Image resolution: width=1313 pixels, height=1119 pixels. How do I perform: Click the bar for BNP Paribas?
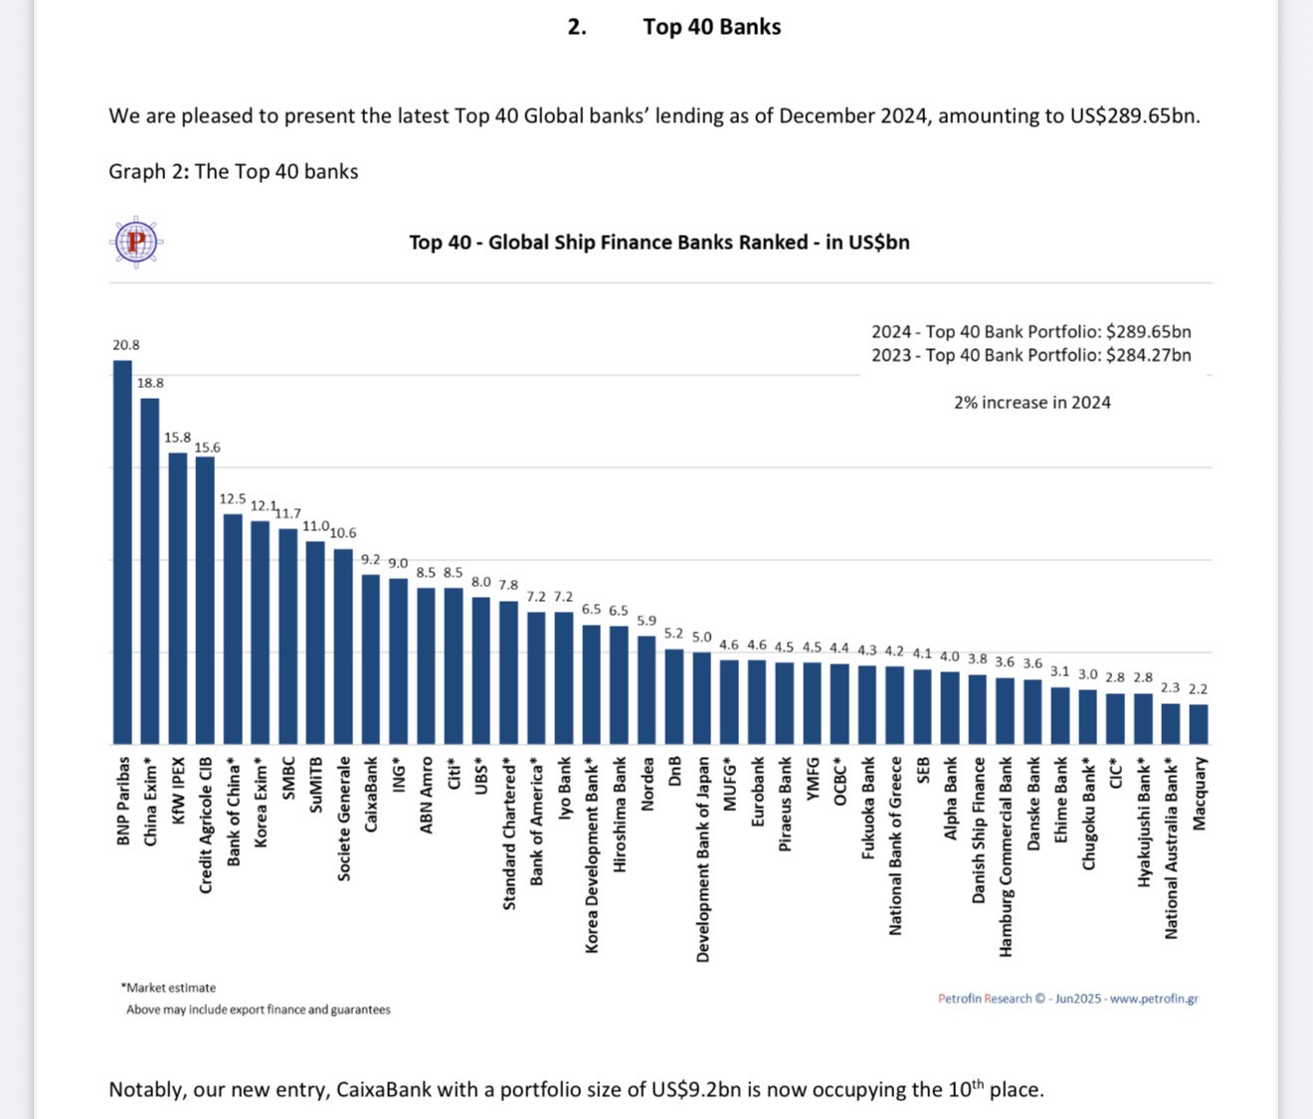[x=122, y=552]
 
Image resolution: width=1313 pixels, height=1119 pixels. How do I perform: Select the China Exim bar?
[x=150, y=571]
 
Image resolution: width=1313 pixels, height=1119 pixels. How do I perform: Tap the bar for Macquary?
[x=1199, y=724]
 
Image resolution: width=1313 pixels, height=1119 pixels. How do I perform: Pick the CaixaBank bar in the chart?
[x=370, y=659]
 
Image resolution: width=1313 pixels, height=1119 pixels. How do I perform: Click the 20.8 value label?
[x=126, y=345]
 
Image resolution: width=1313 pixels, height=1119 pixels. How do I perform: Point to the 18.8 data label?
[x=151, y=383]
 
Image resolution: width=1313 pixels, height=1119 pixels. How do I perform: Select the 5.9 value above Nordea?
[x=647, y=621]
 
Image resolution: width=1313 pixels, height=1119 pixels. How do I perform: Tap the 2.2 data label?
[x=1199, y=688]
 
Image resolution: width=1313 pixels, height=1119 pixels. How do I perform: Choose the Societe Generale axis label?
[x=344, y=819]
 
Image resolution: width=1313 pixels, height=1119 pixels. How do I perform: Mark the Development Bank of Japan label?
[x=702, y=859]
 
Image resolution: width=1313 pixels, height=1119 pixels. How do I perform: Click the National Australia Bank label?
[x=1171, y=848]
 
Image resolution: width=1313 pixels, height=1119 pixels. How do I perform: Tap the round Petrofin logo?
[x=136, y=241]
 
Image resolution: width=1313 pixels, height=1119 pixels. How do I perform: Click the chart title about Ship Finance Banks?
[x=658, y=243]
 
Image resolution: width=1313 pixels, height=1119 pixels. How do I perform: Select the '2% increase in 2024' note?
[x=1032, y=403]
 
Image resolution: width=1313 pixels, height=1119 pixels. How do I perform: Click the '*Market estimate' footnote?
[x=169, y=988]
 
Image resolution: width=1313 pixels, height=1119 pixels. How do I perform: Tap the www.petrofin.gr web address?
[x=1154, y=999]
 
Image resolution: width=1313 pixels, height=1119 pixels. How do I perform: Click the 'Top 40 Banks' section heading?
[x=711, y=27]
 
